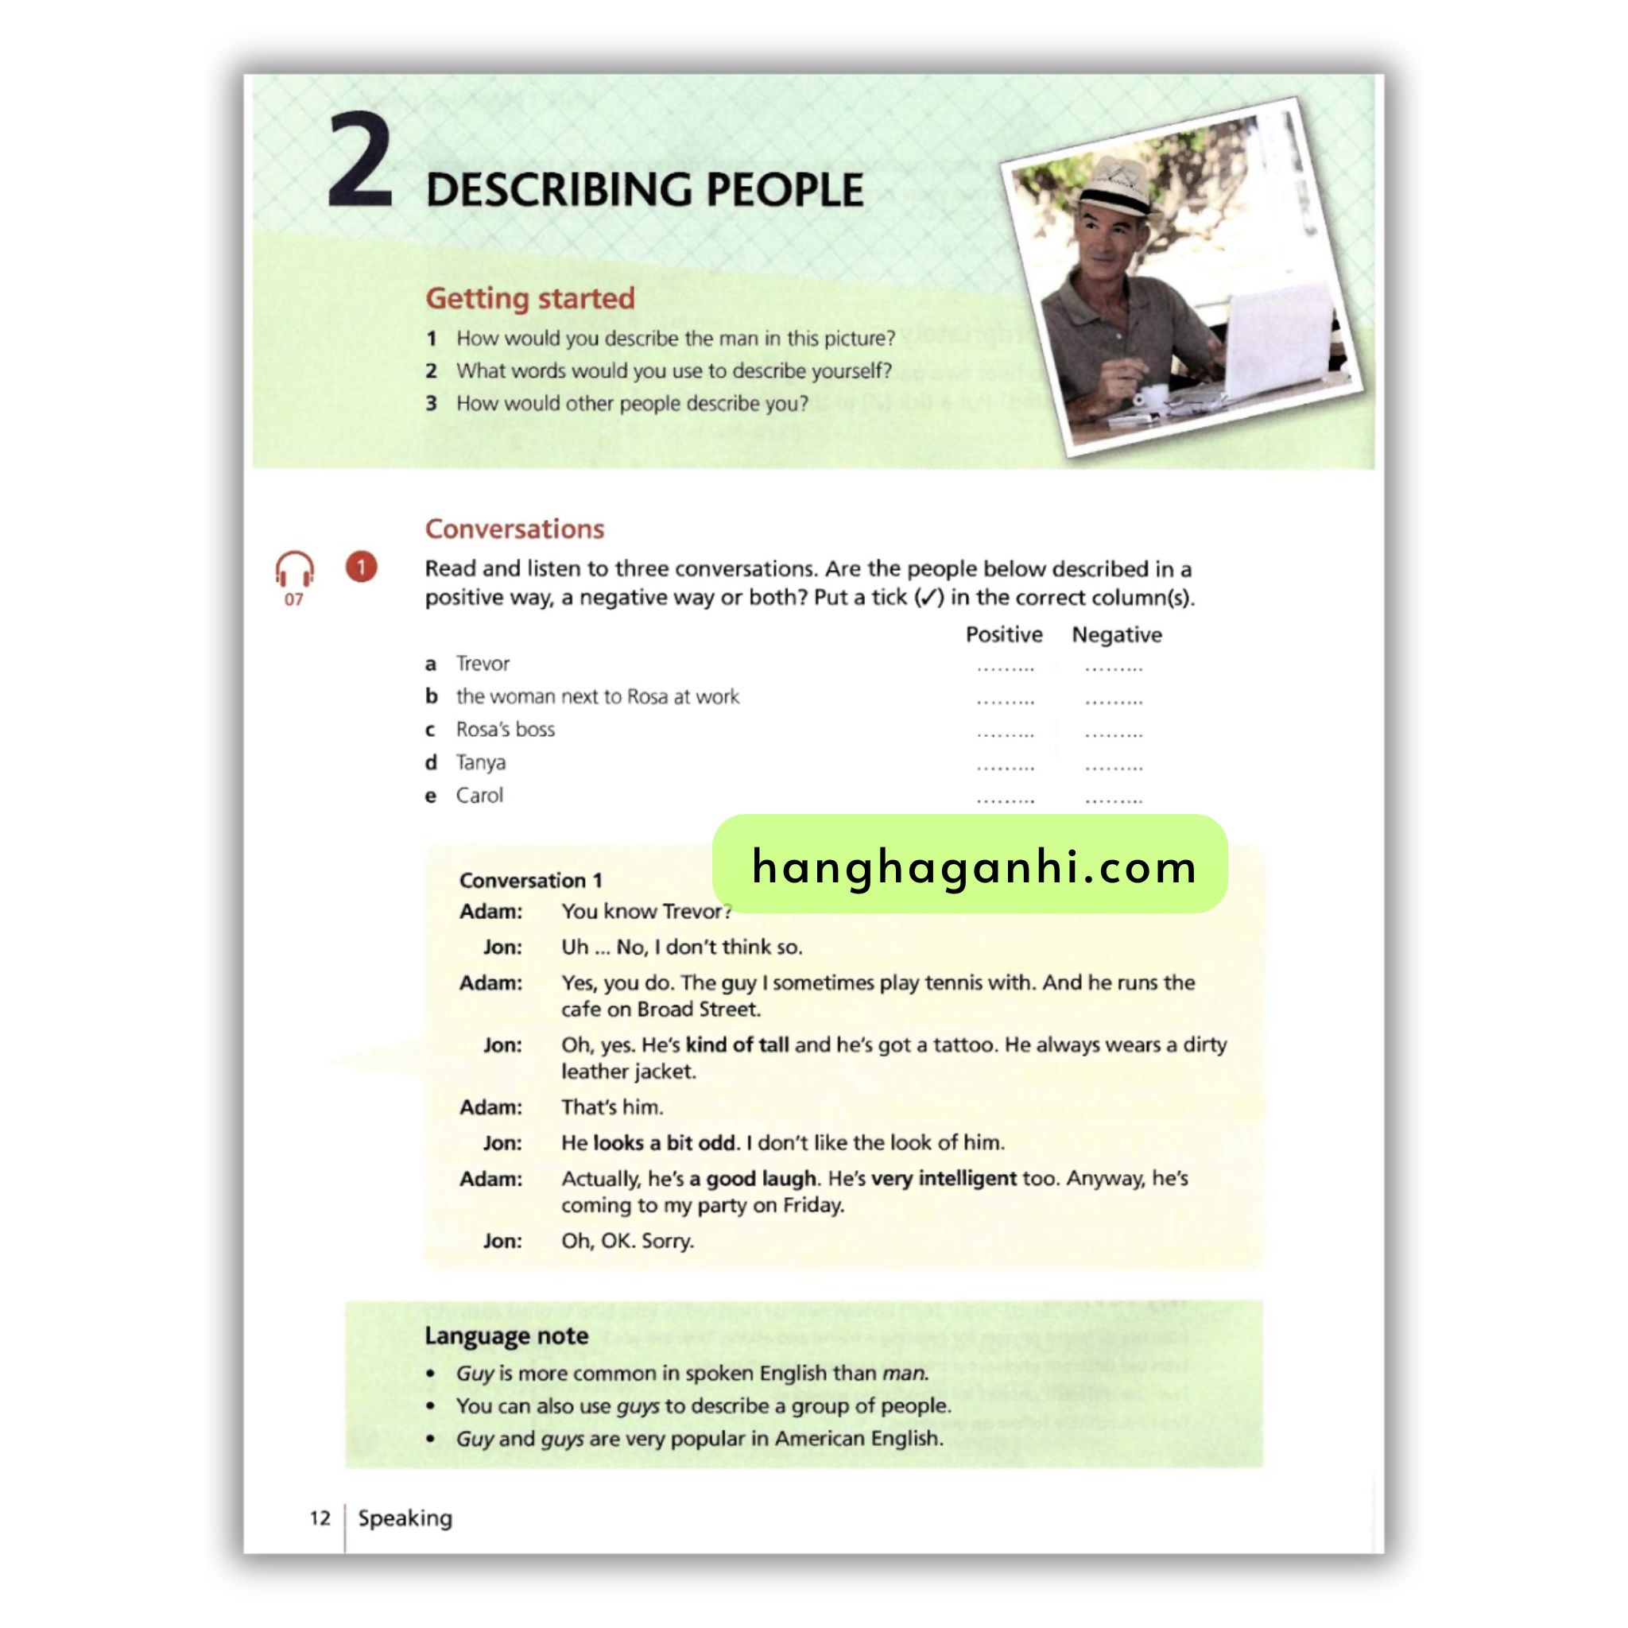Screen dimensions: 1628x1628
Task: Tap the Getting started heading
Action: pyautogui.click(x=529, y=298)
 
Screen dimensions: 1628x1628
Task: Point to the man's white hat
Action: pyautogui.click(x=1118, y=188)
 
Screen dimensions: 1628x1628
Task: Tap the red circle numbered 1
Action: pyautogui.click(x=362, y=567)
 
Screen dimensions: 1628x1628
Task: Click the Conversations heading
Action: pyautogui.click(x=514, y=529)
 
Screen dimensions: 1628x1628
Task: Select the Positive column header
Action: pyautogui.click(x=1004, y=634)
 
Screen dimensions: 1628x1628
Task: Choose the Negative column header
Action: pyautogui.click(x=1117, y=634)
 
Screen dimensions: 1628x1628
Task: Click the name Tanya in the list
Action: pyautogui.click(x=480, y=762)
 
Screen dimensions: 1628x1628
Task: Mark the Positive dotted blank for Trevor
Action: pyautogui.click(x=1006, y=669)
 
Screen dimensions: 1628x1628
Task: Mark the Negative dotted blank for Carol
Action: pyautogui.click(x=1113, y=800)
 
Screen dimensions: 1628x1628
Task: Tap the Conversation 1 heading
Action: pyautogui.click(x=530, y=881)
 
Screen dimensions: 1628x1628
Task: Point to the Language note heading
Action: pyautogui.click(x=506, y=1336)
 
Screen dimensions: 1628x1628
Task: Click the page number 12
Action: pyautogui.click(x=320, y=1518)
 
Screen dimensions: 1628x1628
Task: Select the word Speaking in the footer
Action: pyautogui.click(x=405, y=1518)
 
